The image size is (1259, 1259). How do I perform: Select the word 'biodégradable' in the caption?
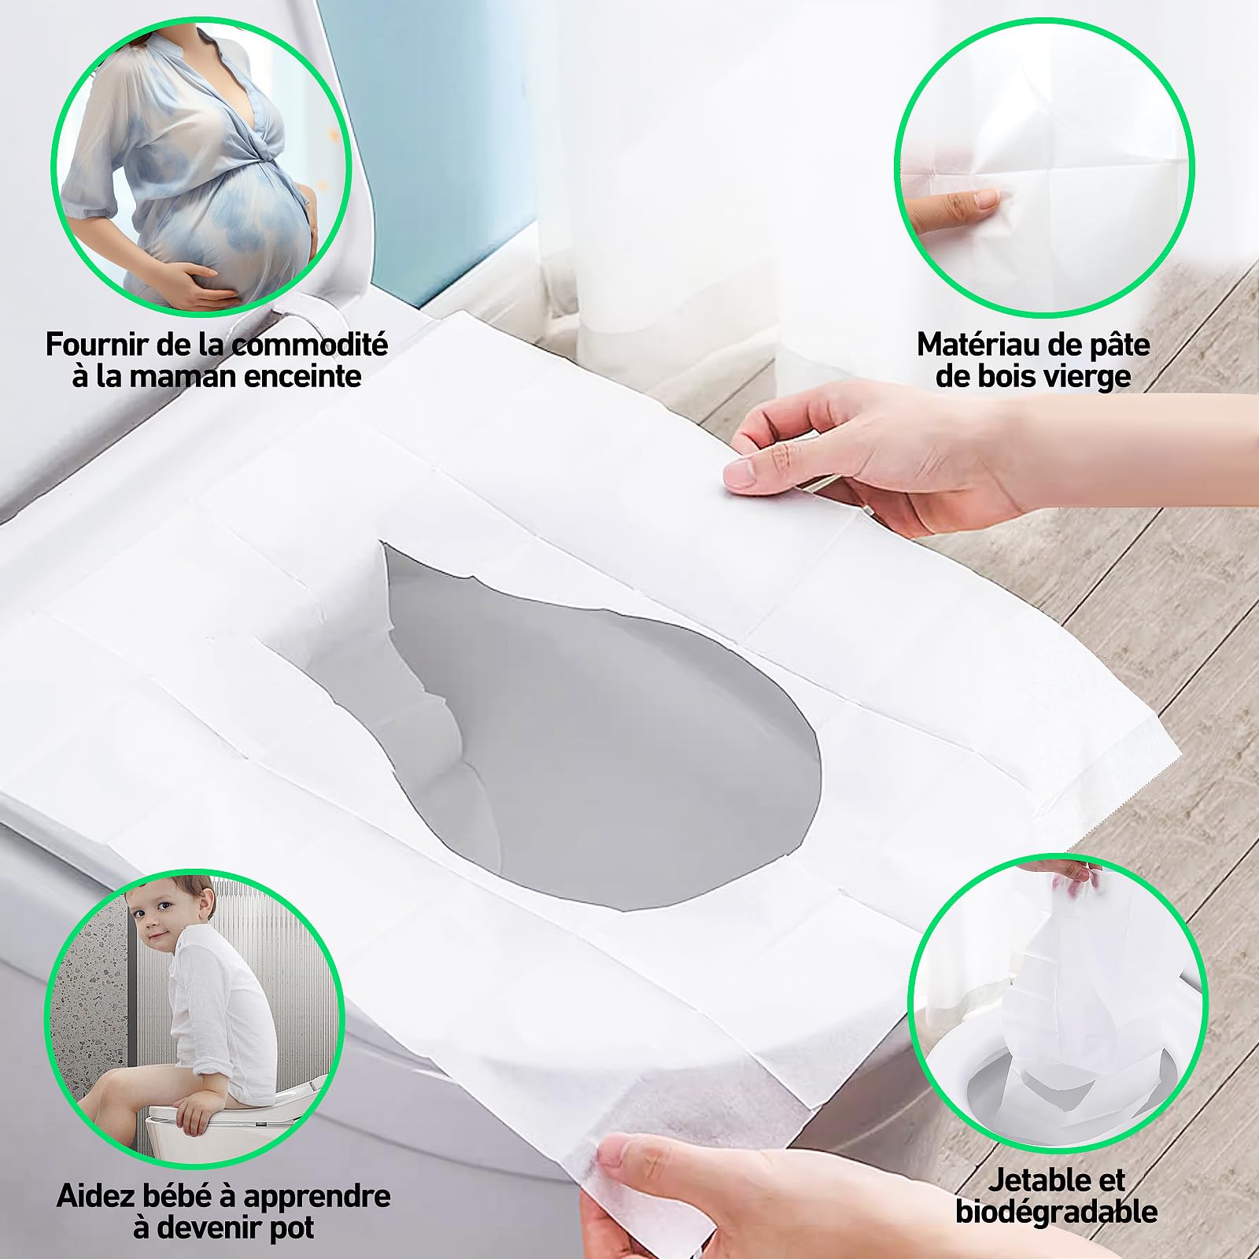tap(1056, 1212)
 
